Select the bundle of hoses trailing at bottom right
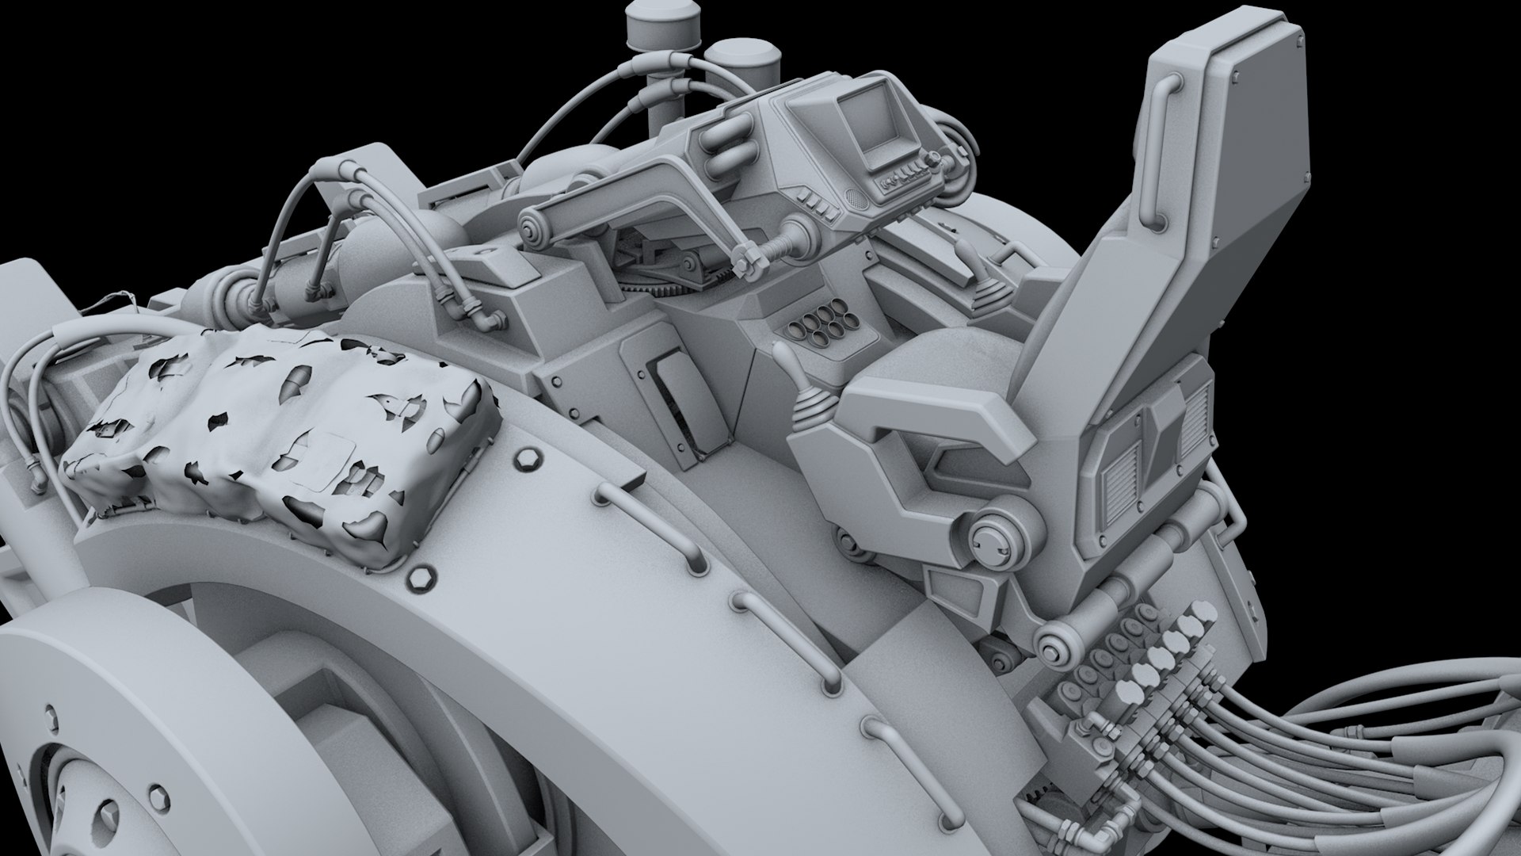(1331, 753)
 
